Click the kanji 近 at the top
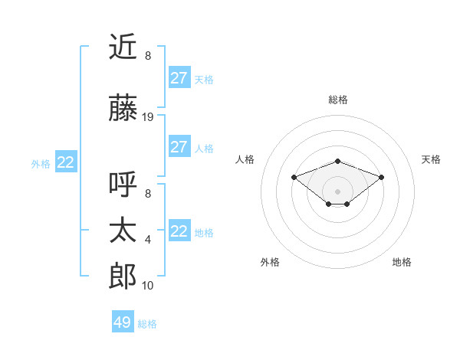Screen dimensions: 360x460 [x=123, y=47]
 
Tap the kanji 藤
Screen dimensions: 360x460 [x=123, y=106]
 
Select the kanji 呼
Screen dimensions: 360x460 [x=123, y=185]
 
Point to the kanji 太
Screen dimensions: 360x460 [x=123, y=231]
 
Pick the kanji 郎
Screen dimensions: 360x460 [x=123, y=276]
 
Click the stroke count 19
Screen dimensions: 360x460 [x=148, y=117]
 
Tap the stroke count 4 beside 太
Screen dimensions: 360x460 [x=148, y=240]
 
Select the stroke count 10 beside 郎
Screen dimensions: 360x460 [x=148, y=286]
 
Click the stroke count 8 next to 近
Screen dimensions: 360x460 [x=148, y=56]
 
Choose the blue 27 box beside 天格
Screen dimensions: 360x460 [x=179, y=77]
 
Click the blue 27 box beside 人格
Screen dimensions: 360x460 [x=179, y=147]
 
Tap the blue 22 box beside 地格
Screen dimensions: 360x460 [x=179, y=231]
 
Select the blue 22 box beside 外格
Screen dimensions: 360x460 [x=65, y=162]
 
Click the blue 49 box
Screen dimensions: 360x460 [x=122, y=322]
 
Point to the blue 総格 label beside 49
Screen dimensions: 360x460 [x=147, y=324]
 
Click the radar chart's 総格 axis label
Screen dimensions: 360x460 [x=338, y=100]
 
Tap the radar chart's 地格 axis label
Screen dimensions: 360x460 [x=402, y=262]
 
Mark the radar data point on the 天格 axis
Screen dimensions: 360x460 [x=382, y=177]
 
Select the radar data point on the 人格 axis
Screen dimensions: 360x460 [x=294, y=177]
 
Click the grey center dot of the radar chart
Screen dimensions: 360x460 [x=338, y=191]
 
